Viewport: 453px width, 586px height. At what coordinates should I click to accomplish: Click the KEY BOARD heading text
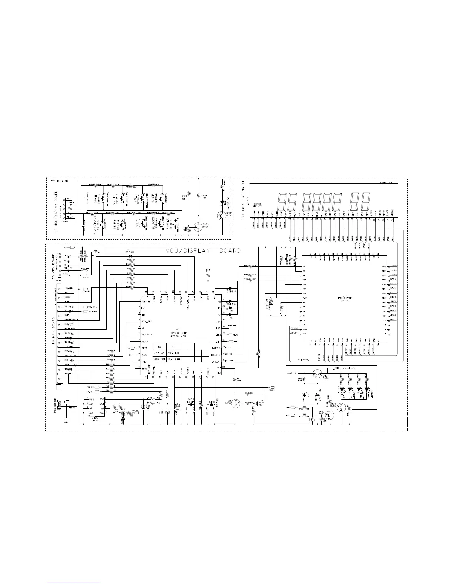click(58, 181)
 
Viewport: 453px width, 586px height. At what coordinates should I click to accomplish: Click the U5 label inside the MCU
click(178, 329)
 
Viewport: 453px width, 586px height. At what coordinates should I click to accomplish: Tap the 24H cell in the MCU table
click(177, 359)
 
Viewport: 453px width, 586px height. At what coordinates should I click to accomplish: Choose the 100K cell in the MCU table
click(156, 359)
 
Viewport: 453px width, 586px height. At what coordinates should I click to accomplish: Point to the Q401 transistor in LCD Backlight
click(317, 376)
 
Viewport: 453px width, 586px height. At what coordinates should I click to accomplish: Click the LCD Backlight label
click(344, 368)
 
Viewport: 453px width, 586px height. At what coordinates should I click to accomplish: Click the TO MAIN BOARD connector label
click(54, 329)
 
